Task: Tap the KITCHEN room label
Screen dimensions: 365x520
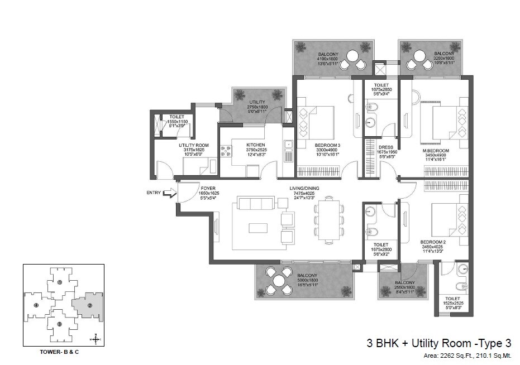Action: tap(255, 145)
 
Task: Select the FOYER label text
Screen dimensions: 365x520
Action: tap(208, 189)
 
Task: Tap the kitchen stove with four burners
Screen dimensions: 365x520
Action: tap(226, 151)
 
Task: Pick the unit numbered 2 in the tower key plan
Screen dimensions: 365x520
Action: tap(89, 305)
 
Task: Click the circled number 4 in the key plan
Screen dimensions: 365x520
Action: tap(36, 305)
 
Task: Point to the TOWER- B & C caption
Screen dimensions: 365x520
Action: tap(62, 352)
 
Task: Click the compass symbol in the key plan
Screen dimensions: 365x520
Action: tap(97, 339)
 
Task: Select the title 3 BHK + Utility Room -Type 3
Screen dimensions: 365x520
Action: tap(438, 343)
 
